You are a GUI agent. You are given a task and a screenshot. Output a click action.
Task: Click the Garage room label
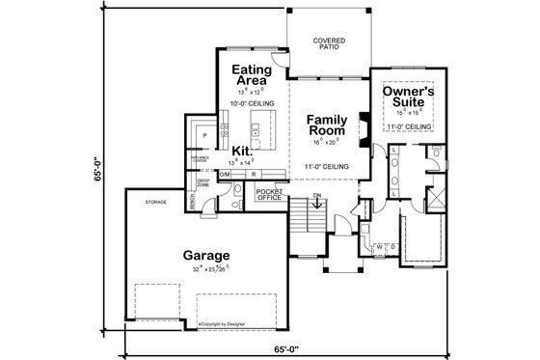point(205,256)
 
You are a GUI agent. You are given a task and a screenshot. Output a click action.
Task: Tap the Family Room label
point(327,126)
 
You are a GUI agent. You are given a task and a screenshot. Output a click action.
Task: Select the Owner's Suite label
point(409,96)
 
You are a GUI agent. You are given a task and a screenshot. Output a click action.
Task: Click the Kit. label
point(242,152)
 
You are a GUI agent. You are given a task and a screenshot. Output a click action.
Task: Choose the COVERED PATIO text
point(329,44)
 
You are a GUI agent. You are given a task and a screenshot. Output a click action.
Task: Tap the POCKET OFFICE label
point(267,195)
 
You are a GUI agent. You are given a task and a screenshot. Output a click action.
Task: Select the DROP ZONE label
point(203,182)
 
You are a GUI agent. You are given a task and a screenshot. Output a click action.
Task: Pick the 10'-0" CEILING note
point(251,101)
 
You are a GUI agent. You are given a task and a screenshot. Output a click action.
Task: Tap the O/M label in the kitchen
point(225,174)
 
